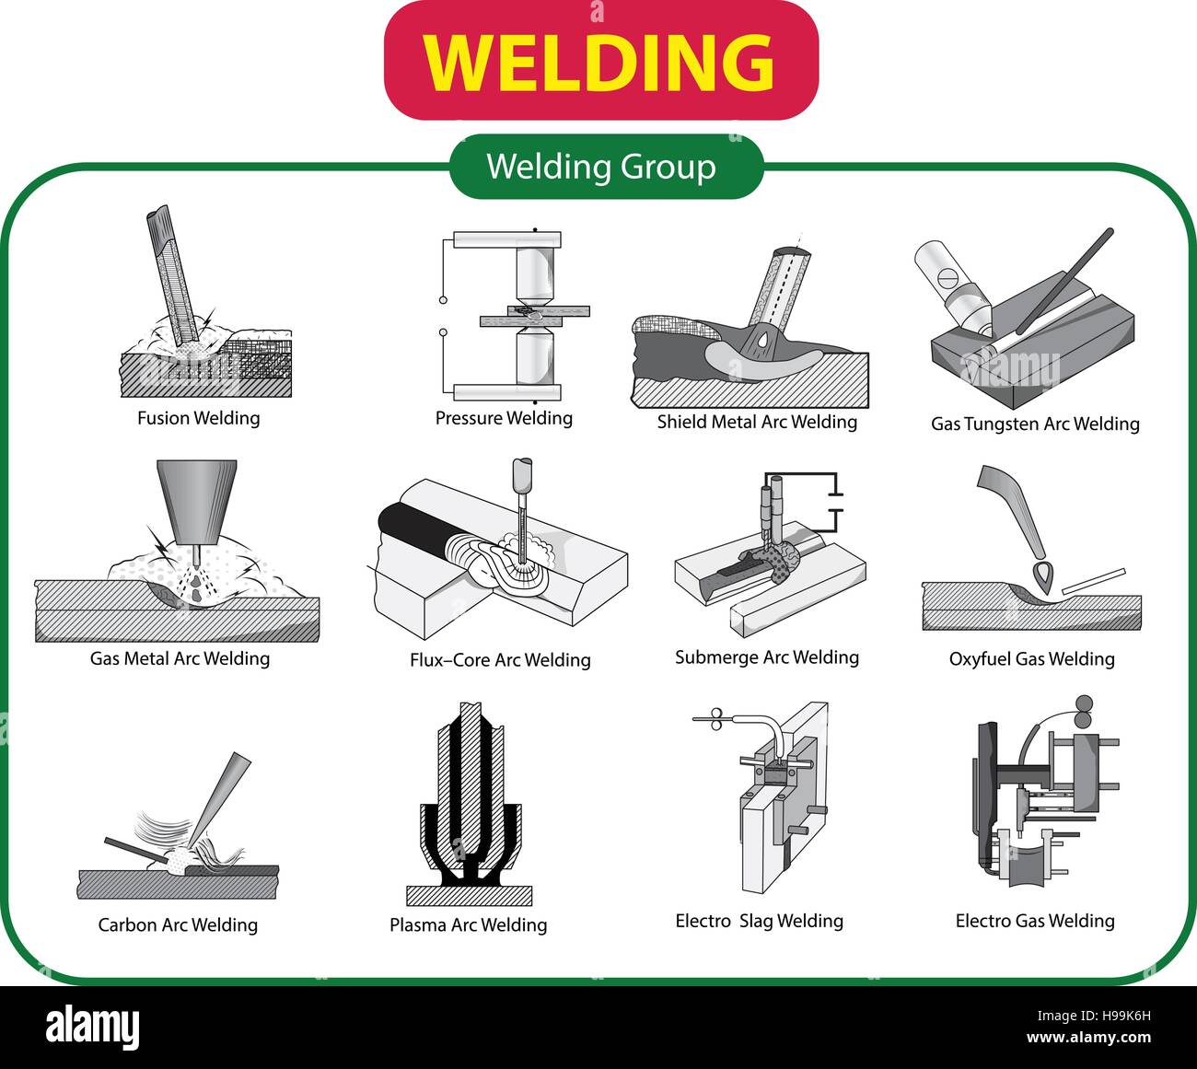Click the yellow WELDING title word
[599, 62]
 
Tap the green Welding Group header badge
[606, 167]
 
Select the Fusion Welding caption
[199, 418]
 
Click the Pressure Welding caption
[504, 418]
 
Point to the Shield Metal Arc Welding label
[757, 422]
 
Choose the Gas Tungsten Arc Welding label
[1035, 424]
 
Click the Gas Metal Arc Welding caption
[180, 658]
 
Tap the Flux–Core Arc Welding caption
[500, 659]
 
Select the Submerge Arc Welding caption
[767, 657]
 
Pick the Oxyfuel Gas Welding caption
[1031, 659]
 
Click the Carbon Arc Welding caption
[178, 924]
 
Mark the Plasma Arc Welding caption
[468, 924]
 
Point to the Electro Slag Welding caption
[760, 921]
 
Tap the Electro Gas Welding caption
[1035, 921]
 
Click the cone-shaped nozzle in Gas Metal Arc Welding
[197, 503]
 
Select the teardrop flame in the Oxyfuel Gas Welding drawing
[1043, 577]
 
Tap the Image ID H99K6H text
[1094, 1016]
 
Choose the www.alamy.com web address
[1089, 1038]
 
